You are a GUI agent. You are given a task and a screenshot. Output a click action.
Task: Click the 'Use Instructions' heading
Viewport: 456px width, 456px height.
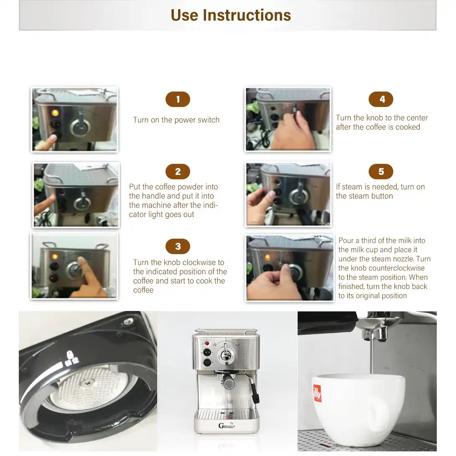[x=231, y=15]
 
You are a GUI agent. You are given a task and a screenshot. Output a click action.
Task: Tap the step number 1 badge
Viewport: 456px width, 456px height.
[x=178, y=99]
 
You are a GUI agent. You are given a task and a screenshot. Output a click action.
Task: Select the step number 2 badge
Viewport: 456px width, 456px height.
[x=178, y=171]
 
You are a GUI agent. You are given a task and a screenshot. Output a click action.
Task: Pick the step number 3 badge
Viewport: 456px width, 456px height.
[x=178, y=246]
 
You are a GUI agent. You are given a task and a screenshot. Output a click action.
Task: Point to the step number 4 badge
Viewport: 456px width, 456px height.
[x=381, y=99]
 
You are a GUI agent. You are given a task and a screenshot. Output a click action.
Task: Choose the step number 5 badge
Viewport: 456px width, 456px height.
[x=381, y=171]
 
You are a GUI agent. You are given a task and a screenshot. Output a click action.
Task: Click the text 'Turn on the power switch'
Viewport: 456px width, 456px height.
[x=176, y=120]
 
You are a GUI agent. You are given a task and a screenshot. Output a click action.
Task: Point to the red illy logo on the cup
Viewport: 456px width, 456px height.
[x=317, y=393]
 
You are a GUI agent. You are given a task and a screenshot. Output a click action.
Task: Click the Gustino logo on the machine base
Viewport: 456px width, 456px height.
[x=226, y=426]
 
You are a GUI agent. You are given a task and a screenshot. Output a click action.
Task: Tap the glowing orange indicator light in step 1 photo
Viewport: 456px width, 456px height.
[x=55, y=112]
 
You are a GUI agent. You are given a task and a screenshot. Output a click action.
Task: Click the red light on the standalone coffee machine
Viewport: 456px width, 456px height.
[x=207, y=344]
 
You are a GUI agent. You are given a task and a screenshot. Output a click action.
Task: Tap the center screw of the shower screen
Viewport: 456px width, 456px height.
[x=87, y=383]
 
